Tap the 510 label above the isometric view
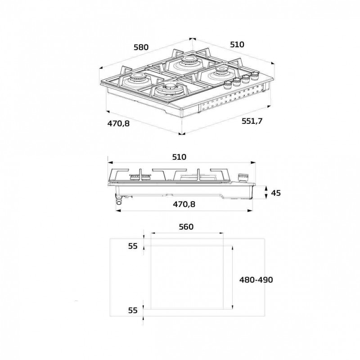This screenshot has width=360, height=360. pos(236,44)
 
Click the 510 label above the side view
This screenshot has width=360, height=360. pos(179,157)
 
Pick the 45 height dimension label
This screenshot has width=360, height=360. pos(276,193)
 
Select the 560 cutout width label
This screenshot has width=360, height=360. pos(185,226)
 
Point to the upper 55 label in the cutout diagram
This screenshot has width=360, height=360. pos(132,246)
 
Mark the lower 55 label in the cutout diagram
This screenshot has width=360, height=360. pos(132,310)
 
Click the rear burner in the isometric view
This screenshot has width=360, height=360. pos(187,62)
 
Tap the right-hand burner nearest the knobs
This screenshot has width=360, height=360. pos(221,72)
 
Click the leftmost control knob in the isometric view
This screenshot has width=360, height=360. pos(226,85)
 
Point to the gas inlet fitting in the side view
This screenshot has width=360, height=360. pos(119,201)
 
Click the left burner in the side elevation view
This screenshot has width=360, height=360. pos(135,175)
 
